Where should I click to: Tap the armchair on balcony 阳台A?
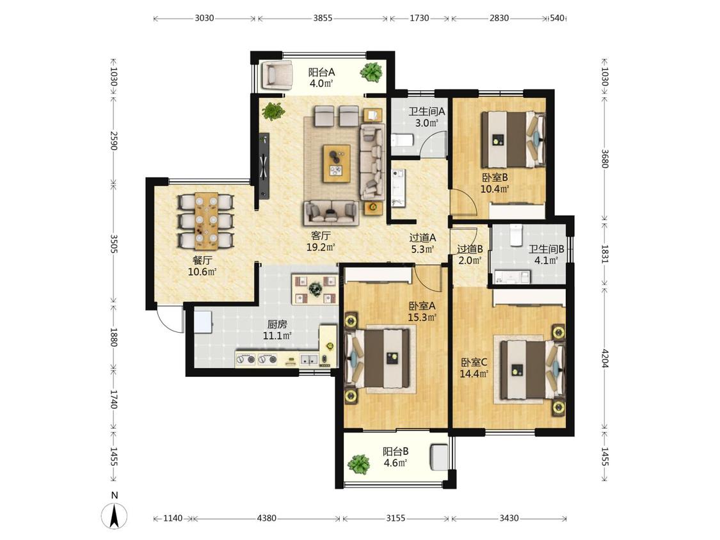pos(277,74)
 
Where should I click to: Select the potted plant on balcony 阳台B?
pos(358,465)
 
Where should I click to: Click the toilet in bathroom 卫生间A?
pos(403,140)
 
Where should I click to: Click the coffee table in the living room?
pos(337,163)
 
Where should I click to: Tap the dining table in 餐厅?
pos(206,220)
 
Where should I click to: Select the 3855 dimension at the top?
pos(323,19)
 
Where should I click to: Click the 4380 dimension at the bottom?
pos(266,518)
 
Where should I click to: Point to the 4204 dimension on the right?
pos(605,358)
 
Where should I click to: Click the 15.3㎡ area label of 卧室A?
pos(422,317)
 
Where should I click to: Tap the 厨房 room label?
pos(277,324)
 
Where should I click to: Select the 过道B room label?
pos(470,250)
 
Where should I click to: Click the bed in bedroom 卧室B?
pos(513,139)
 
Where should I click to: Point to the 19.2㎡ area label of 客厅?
pos(321,247)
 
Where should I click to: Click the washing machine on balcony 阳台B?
pos(440,457)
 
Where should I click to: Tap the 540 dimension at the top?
pos(557,19)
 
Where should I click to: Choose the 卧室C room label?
pos(474,362)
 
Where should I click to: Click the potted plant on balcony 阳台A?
pos(371,72)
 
